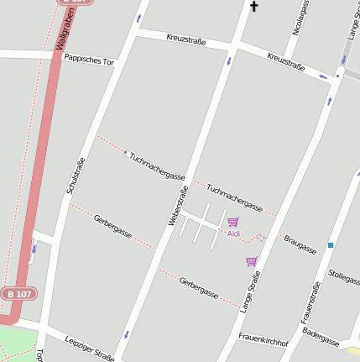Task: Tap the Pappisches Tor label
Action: tap(88, 60)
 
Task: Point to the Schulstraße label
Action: tap(76, 176)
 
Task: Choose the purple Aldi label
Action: tap(233, 233)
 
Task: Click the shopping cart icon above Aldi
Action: tap(232, 222)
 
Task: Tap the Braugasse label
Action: tap(300, 244)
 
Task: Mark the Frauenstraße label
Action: tap(310, 302)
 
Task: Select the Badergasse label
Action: tap(321, 337)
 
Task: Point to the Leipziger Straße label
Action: tap(89, 348)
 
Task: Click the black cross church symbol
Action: tap(253, 8)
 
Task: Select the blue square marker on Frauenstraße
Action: tap(331, 245)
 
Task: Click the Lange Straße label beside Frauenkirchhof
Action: tap(250, 291)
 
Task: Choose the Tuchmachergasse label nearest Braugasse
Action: tap(235, 198)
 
